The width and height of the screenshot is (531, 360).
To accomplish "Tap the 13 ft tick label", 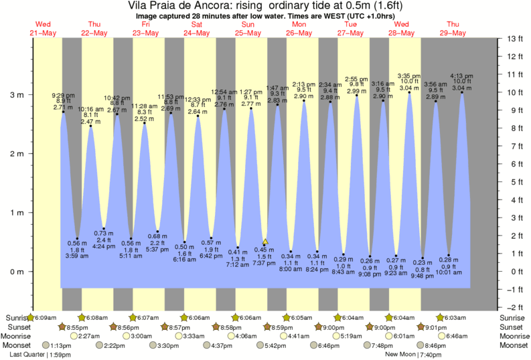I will (x=514, y=39).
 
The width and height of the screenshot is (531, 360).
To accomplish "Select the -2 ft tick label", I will (x=514, y=307).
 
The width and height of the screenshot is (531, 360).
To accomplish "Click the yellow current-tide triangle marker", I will (x=265, y=242).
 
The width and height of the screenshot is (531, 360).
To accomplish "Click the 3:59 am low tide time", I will (x=78, y=256).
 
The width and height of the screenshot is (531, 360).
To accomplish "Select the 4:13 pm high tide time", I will (x=461, y=76).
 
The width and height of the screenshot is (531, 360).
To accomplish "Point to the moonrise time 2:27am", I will (x=94, y=336).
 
